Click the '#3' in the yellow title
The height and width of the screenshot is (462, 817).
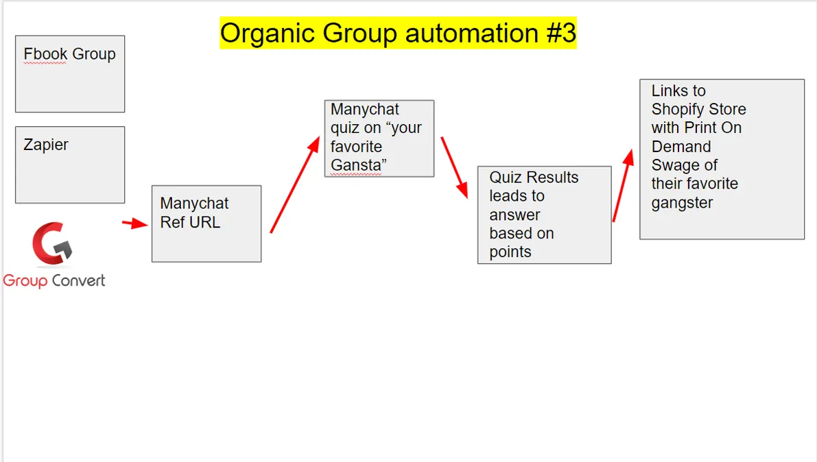tap(561, 33)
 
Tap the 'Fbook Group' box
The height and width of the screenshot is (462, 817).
tap(70, 74)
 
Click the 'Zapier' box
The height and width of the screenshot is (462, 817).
tap(70, 165)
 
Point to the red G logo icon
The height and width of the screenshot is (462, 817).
tap(52, 243)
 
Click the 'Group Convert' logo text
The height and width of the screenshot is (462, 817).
tap(54, 281)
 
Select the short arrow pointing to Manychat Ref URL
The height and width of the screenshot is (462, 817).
tap(135, 223)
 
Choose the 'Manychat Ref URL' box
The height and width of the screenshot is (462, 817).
tap(206, 223)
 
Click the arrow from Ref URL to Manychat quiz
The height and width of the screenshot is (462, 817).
tap(295, 184)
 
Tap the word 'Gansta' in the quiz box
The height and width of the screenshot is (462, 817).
tap(357, 165)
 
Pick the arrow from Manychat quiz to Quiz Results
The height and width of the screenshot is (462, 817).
tap(454, 168)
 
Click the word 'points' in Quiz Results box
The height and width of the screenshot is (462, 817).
tap(510, 252)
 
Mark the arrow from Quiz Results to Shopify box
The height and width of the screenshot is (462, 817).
tap(623, 186)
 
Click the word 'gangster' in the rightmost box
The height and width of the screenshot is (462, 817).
tap(682, 203)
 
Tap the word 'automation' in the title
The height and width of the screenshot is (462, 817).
tap(472, 34)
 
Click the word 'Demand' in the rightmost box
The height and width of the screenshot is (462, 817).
tap(681, 147)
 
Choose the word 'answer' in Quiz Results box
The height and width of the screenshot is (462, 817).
tap(514, 215)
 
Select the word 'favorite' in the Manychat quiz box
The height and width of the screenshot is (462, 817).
tap(357, 147)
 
